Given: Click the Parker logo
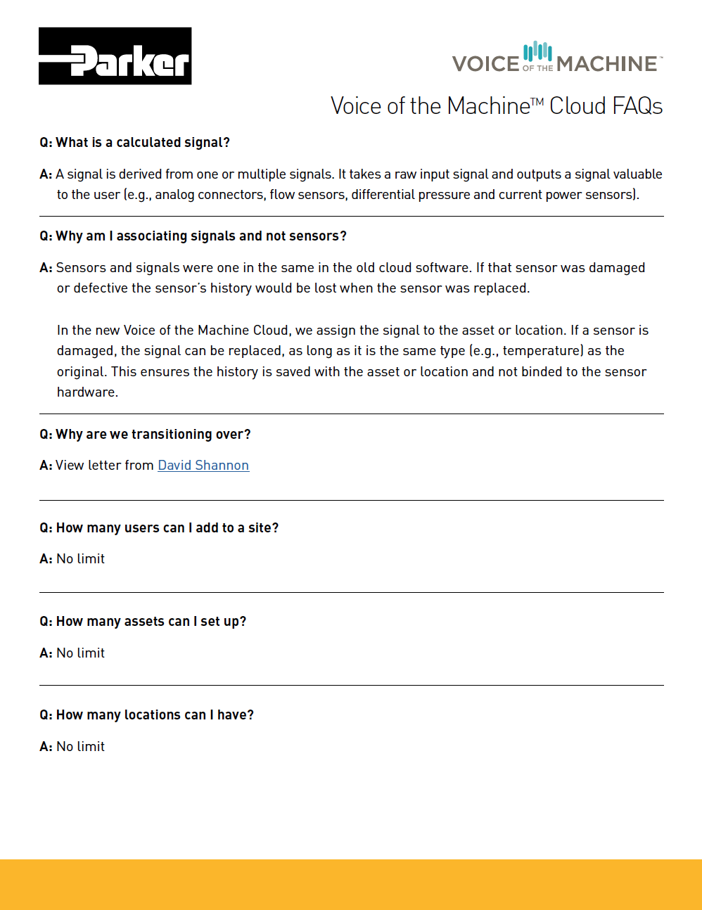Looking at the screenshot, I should pos(115,56).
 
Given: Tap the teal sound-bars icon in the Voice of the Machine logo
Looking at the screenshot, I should pos(537,51).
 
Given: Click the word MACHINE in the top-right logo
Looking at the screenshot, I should pos(606,64).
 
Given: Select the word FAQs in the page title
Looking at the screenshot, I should pos(637,106).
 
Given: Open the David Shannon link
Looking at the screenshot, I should pos(203,466).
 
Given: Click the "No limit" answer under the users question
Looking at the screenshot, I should pos(80,559).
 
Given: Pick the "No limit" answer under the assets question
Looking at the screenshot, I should pos(80,653).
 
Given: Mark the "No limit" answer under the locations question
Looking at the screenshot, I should pos(80,747).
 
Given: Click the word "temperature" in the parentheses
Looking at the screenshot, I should pos(542,351).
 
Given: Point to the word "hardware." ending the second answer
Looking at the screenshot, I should pos(87,392).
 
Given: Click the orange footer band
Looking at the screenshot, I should pos(351,884).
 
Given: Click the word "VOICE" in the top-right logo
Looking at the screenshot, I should pos(485,64).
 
